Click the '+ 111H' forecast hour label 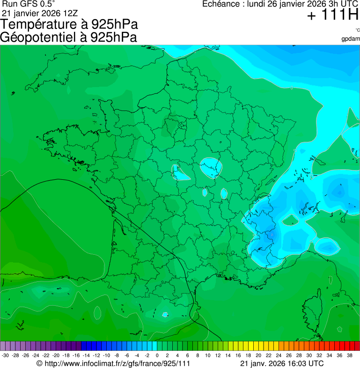[x=332, y=15]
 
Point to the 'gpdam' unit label [x=351, y=38]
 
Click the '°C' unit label [x=357, y=30]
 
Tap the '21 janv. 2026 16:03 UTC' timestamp [x=281, y=363]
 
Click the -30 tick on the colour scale [x=5, y=355]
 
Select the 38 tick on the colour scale [x=350, y=355]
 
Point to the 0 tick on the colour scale [x=157, y=355]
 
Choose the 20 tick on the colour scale [x=258, y=355]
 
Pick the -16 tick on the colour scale [x=76, y=355]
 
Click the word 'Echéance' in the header [x=220, y=4]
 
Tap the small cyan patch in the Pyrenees [x=165, y=314]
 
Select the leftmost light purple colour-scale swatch [x=3, y=346]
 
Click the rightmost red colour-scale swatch [x=357, y=346]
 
